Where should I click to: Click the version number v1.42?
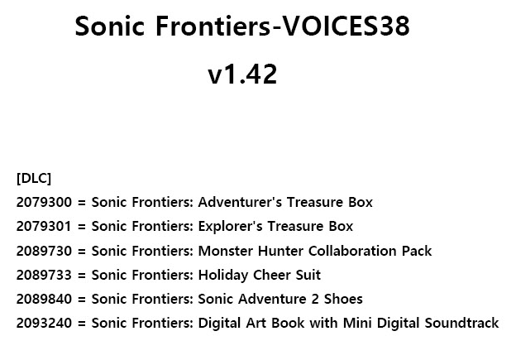242,74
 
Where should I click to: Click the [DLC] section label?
34,178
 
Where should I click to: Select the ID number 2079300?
44,202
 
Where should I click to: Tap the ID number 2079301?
44,227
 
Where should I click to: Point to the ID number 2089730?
44,251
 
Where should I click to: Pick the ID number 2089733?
44,275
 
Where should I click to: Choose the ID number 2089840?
44,299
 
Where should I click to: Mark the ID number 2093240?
44,323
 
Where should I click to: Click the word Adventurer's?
240,202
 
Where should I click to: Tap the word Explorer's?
231,227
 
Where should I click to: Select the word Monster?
226,251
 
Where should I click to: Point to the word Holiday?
223,276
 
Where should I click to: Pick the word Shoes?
343,299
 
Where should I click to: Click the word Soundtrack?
461,323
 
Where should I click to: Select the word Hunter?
280,251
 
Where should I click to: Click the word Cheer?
272,275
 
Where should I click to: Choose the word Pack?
417,251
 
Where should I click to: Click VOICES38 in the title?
346,26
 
